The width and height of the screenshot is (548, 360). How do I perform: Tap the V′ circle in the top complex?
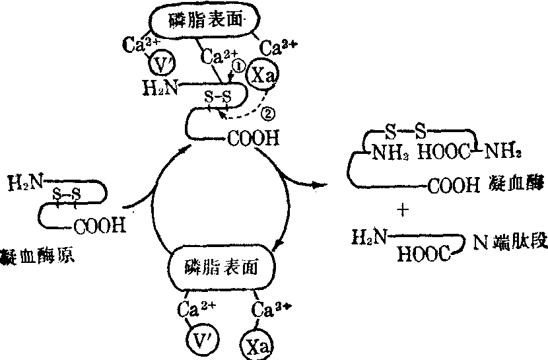[161, 64]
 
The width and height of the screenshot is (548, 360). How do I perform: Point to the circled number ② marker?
[267, 113]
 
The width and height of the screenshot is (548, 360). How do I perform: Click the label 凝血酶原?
[36, 254]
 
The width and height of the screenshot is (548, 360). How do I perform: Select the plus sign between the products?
[403, 211]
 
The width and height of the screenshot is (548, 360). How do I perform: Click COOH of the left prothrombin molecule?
[99, 227]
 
